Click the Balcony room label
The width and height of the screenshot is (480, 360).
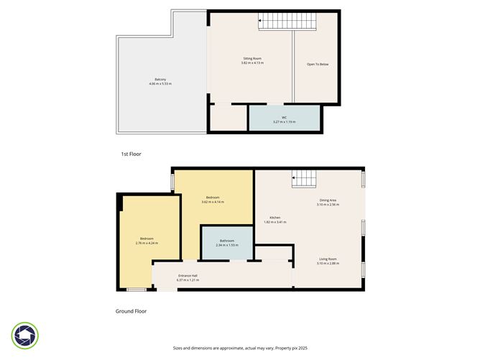(x=160, y=79)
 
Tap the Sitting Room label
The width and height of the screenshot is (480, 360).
(x=252, y=59)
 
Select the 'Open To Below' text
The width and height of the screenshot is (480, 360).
(x=317, y=65)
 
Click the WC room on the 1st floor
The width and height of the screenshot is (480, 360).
(x=284, y=118)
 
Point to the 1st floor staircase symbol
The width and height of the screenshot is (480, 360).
(x=287, y=23)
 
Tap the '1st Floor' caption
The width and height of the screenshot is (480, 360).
(x=130, y=154)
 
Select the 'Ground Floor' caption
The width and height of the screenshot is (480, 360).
(x=131, y=311)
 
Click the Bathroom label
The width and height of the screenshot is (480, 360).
(x=227, y=241)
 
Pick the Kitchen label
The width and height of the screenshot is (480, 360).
(x=274, y=218)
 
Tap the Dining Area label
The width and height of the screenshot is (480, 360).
(x=328, y=200)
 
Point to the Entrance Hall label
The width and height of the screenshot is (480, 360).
(x=188, y=275)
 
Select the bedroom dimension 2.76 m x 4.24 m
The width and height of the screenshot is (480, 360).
(x=147, y=243)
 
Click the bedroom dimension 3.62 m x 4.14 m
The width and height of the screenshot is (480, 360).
(x=213, y=202)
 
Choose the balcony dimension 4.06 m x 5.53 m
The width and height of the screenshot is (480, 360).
(x=160, y=84)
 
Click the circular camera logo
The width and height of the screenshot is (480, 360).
(x=25, y=335)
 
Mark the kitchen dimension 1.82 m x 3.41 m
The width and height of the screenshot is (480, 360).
(x=274, y=222)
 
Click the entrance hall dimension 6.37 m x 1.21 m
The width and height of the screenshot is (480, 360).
(x=188, y=280)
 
